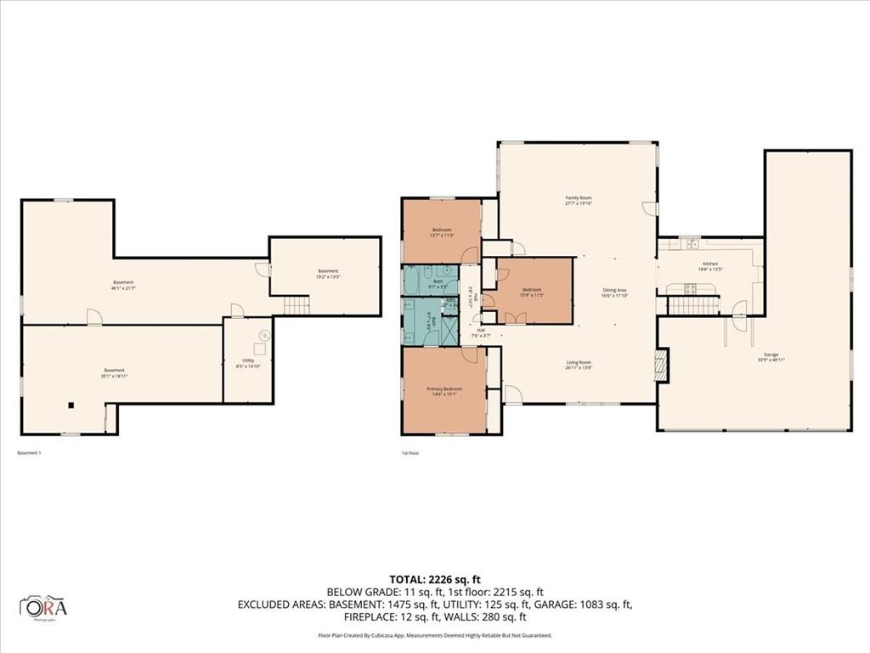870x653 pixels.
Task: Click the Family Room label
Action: pyautogui.click(x=579, y=197)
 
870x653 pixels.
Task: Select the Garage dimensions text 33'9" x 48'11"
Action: pyautogui.click(x=771, y=360)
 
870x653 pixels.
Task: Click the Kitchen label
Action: pyautogui.click(x=710, y=264)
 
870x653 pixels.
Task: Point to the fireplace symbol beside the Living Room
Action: pyautogui.click(x=662, y=365)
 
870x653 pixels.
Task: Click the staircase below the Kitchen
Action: pyautogui.click(x=692, y=305)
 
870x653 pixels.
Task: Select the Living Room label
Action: pyautogui.click(x=579, y=363)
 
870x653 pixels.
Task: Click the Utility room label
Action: pyautogui.click(x=248, y=361)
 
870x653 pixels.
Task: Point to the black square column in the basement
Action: pyautogui.click(x=73, y=405)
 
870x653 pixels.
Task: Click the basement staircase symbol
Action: pyautogui.click(x=295, y=305)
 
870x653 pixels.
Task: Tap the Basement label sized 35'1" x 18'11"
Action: pyautogui.click(x=114, y=370)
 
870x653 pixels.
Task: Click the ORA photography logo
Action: pyautogui.click(x=43, y=606)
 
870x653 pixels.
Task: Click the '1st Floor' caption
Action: pyautogui.click(x=410, y=453)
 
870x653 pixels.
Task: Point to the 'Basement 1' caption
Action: pyautogui.click(x=29, y=453)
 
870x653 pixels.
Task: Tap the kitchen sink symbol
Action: pyautogui.click(x=692, y=244)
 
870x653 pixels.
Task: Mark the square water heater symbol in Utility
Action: pyautogui.click(x=263, y=348)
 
